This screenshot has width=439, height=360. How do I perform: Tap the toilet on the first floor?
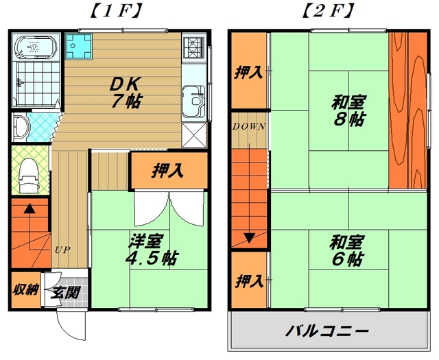29,176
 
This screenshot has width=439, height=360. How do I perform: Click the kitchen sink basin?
194,101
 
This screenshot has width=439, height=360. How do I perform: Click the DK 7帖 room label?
126,92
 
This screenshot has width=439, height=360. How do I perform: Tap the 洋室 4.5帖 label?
151,249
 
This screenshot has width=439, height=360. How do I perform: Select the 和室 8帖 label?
349,110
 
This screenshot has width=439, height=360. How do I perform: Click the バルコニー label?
327,331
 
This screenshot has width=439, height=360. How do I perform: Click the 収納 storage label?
26,289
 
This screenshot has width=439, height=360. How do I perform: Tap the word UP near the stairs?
62,250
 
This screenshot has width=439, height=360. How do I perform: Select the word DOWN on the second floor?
249,127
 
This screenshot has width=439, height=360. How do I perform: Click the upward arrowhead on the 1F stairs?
29,208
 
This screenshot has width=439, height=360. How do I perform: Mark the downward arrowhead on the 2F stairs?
249,238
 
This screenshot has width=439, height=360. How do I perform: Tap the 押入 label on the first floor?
167,170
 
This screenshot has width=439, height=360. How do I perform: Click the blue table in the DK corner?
79,47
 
